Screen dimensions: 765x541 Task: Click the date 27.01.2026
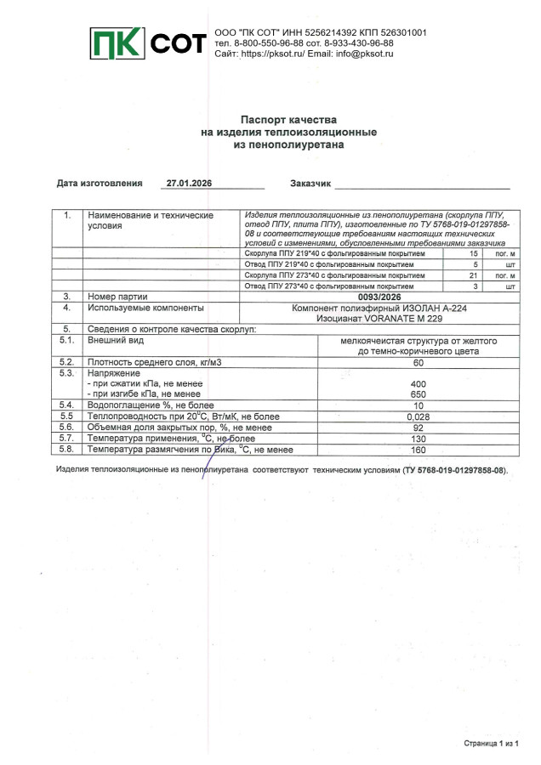[189, 184]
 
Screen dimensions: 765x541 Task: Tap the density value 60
[418, 363]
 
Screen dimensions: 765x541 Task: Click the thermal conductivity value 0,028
[418, 416]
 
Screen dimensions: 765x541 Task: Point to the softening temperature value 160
[418, 450]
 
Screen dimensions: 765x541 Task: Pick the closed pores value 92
[418, 428]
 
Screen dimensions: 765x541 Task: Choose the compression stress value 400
[418, 384]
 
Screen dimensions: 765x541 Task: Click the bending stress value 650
[418, 394]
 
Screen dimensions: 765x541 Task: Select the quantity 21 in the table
[474, 275]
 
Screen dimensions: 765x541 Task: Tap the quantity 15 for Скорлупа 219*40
[474, 254]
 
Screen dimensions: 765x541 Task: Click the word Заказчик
[310, 184]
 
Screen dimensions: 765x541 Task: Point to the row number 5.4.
[66, 405]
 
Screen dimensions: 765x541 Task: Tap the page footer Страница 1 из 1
[491, 742]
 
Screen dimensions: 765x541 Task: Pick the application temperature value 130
[418, 439]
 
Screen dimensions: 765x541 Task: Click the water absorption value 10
[418, 405]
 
